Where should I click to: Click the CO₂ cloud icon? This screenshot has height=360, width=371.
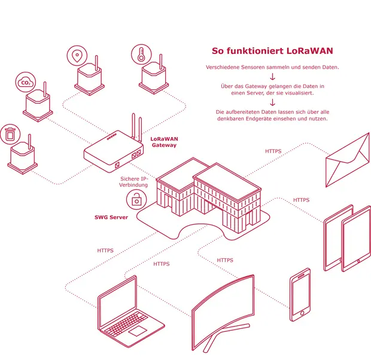click(26, 83)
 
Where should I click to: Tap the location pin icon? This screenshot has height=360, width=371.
click(77, 56)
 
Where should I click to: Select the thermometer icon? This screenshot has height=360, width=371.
click(141, 55)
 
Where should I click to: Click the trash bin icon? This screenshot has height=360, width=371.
click(10, 134)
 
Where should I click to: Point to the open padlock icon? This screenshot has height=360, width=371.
click(136, 199)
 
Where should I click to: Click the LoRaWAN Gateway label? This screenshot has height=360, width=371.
click(164, 142)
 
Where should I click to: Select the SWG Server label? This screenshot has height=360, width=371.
click(111, 217)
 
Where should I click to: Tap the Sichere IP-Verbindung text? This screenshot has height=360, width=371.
click(133, 182)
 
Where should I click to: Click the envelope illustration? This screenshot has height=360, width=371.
click(347, 160)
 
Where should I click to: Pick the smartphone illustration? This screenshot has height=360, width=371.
click(300, 295)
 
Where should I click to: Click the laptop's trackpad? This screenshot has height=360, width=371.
click(138, 331)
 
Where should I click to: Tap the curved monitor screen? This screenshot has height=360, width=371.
click(223, 311)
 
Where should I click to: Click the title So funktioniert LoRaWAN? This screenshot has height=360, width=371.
click(272, 51)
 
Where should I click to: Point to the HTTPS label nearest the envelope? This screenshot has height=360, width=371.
click(273, 151)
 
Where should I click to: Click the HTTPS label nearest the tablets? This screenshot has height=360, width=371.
click(301, 200)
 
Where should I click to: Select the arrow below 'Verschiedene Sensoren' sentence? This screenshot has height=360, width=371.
click(273, 77)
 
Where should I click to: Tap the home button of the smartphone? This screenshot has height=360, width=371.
click(302, 313)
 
